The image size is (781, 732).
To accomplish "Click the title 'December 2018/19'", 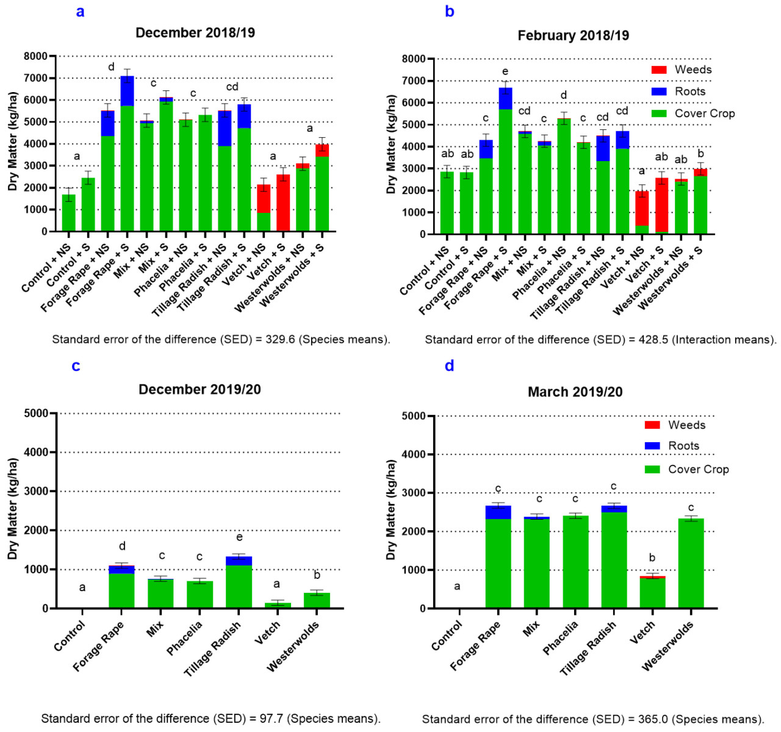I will pyautogui.click(x=195, y=33).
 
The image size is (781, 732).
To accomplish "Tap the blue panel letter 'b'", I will pyautogui.click(x=450, y=12).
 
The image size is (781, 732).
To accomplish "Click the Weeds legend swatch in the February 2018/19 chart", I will pyautogui.click(x=659, y=70).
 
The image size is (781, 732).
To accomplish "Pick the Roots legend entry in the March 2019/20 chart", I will pyautogui.click(x=652, y=446).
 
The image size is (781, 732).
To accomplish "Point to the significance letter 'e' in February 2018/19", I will pyautogui.click(x=505, y=72).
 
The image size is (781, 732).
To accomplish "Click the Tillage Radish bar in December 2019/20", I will pyautogui.click(x=239, y=586).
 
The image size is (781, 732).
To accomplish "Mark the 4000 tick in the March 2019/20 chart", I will pyautogui.click(x=415, y=454).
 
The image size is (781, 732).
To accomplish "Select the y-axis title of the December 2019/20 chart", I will pyautogui.click(x=13, y=509).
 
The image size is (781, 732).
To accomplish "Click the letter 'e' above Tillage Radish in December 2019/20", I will pyautogui.click(x=239, y=537).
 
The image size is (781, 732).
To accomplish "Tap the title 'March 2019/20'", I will pyautogui.click(x=575, y=392).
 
